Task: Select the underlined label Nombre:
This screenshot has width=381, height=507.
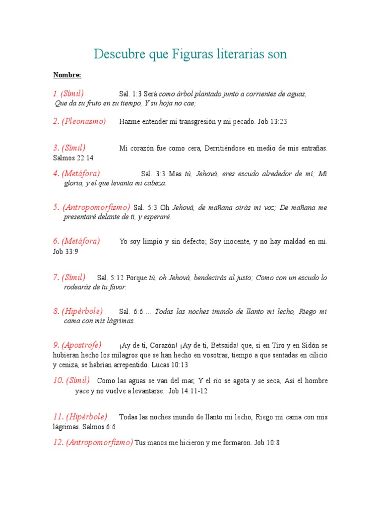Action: (x=67, y=75)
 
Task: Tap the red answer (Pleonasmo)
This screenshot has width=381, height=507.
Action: (x=84, y=122)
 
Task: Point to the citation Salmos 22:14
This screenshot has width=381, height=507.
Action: (x=73, y=158)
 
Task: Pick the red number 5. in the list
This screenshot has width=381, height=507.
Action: (x=57, y=207)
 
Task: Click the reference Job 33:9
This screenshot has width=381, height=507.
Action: (x=65, y=252)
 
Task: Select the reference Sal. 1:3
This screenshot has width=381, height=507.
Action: (x=130, y=94)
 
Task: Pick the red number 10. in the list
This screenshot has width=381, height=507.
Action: (x=59, y=380)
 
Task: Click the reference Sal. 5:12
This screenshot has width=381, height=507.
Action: (x=114, y=278)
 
